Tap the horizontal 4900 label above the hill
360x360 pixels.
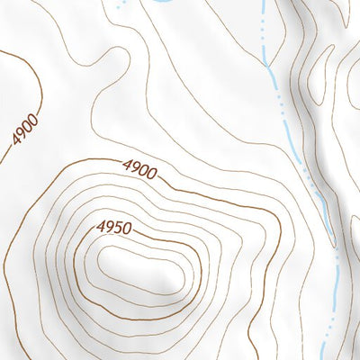139,168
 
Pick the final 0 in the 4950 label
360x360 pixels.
128,230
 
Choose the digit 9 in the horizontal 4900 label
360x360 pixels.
133,167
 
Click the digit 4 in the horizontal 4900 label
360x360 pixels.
124,165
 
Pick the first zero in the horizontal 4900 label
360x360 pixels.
143,170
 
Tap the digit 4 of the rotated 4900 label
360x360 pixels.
14,142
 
